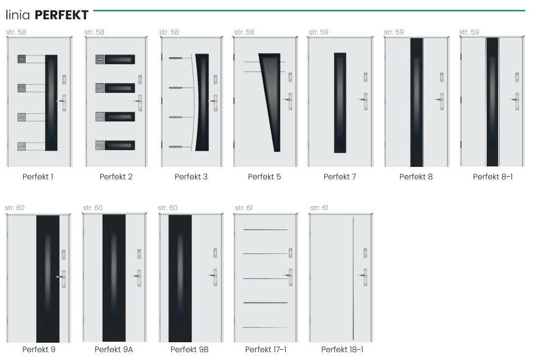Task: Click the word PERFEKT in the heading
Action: [x=62, y=15]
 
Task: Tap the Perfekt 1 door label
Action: [x=38, y=177]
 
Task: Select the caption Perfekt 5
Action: [x=265, y=177]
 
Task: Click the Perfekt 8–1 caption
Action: [x=493, y=177]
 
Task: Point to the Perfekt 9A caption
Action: [x=114, y=350]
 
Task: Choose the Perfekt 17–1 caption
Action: [x=266, y=350]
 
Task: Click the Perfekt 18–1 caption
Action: [x=342, y=350]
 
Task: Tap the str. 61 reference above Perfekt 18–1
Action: [x=319, y=207]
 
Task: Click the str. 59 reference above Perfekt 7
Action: [x=318, y=32]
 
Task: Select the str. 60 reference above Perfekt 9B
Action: [x=167, y=207]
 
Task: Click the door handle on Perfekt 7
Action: [x=364, y=101]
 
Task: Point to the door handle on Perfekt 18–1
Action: [x=363, y=277]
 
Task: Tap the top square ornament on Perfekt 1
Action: [x=22, y=59]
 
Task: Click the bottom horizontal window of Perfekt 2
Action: [x=119, y=145]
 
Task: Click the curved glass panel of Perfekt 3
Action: [x=202, y=102]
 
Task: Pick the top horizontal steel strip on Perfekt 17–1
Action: [x=266, y=230]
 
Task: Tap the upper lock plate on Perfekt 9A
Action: [x=139, y=254]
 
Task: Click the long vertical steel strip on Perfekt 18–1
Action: [x=353, y=279]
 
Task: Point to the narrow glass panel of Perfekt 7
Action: [x=340, y=103]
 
